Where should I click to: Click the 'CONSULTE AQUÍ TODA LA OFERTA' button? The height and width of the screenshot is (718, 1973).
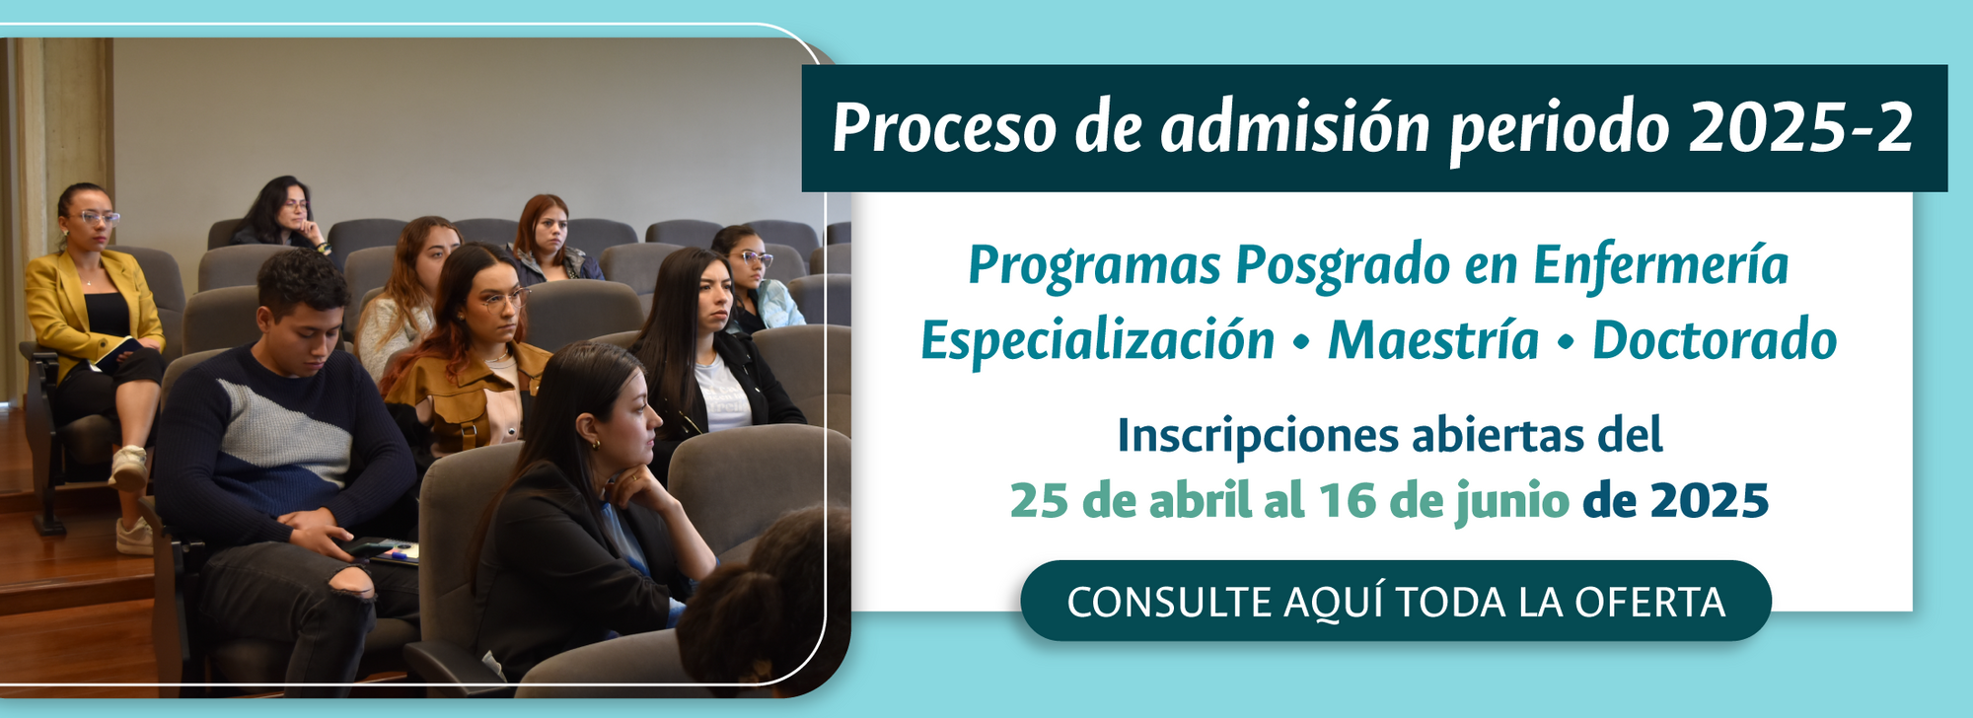[1396, 601]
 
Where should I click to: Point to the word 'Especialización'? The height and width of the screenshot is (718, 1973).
[1098, 341]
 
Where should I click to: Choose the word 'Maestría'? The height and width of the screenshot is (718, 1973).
[1433, 340]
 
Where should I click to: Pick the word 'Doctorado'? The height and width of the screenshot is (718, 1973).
[1715, 340]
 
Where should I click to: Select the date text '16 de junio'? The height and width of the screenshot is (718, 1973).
[1443, 501]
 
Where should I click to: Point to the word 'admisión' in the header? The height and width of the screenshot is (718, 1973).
[1294, 128]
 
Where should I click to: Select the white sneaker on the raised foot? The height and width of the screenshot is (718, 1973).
[129, 467]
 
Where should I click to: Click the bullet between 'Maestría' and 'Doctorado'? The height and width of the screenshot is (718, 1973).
[1566, 342]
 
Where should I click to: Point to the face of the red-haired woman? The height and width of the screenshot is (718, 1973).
[548, 229]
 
